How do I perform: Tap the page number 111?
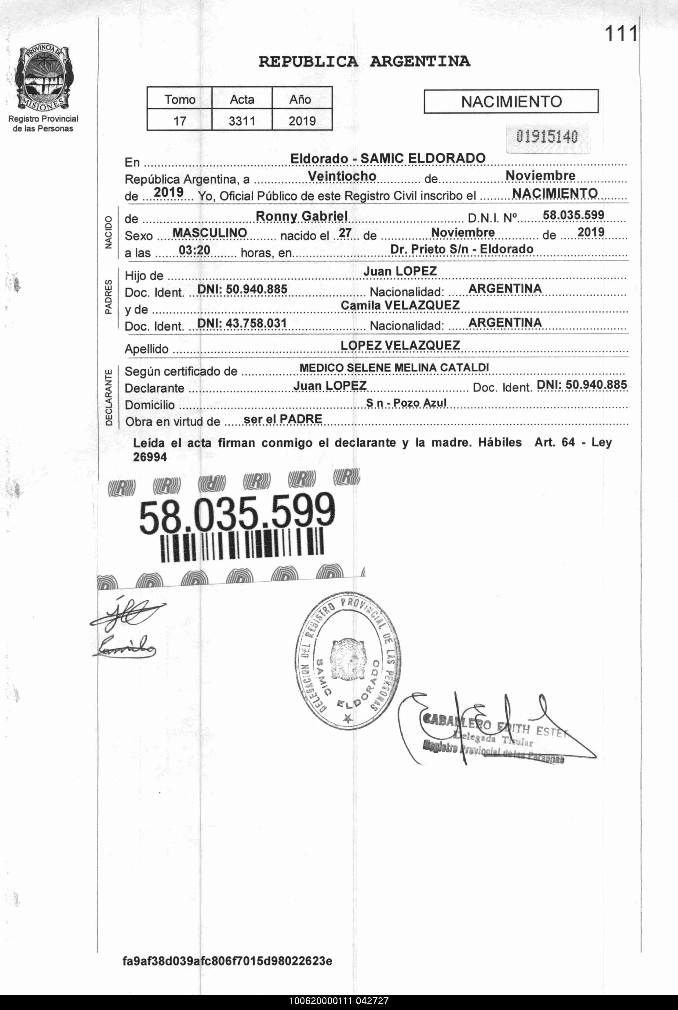621,34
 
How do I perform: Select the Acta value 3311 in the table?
242,121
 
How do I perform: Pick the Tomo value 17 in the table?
180,121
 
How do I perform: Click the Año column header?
300,100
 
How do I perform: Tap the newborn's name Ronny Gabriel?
301,216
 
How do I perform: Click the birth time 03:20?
195,250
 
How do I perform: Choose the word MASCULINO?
210,233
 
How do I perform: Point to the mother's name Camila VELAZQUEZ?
400,306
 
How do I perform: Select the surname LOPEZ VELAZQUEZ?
400,345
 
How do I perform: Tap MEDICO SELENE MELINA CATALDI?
394,368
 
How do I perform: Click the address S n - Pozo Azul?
406,403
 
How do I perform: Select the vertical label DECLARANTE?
108,397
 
